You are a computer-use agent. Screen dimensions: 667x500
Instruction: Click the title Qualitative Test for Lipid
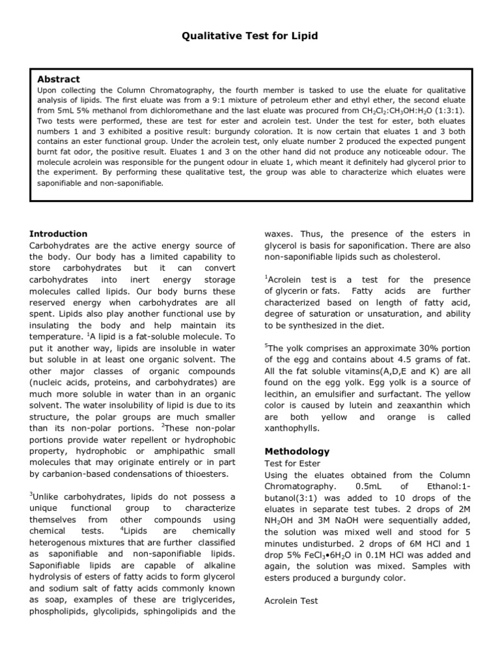pyautogui.click(x=249, y=36)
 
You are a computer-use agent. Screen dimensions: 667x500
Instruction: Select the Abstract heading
pyautogui.click(x=59, y=79)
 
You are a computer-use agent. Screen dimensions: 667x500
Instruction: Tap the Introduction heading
pyautogui.click(x=59, y=234)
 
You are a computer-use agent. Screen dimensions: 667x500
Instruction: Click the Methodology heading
pyautogui.click(x=297, y=451)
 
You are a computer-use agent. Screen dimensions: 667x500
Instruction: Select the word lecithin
pyautogui.click(x=282, y=393)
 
